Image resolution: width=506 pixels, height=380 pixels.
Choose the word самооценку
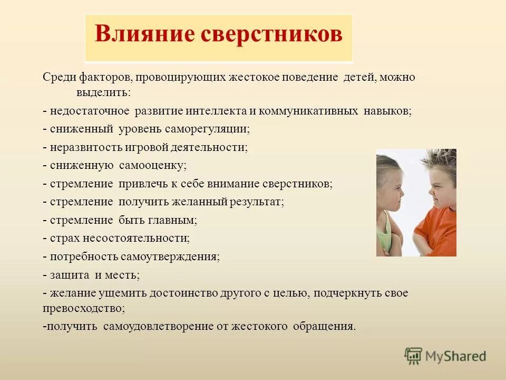[153, 165]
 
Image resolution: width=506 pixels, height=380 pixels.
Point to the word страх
[64, 238]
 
